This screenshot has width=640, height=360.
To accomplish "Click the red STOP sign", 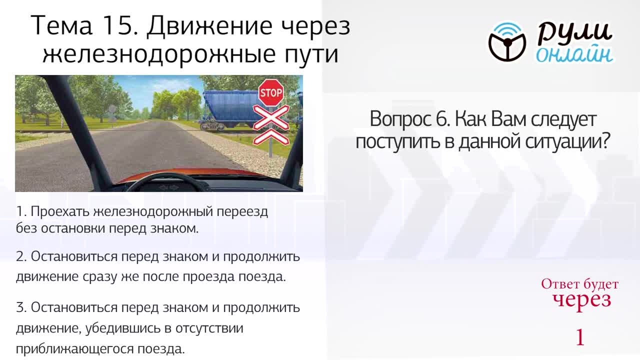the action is click(271, 93).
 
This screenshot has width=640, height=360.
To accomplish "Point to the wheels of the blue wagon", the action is click(212, 126).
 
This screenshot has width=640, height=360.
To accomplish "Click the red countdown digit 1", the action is click(580, 337).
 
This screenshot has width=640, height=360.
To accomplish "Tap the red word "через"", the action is click(581, 300).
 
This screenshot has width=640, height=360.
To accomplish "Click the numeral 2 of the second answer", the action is click(21, 256).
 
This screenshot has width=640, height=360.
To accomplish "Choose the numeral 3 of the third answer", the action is click(21, 307).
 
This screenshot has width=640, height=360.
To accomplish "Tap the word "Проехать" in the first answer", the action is click(60, 212).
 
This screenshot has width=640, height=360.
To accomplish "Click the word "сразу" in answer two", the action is click(100, 277).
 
